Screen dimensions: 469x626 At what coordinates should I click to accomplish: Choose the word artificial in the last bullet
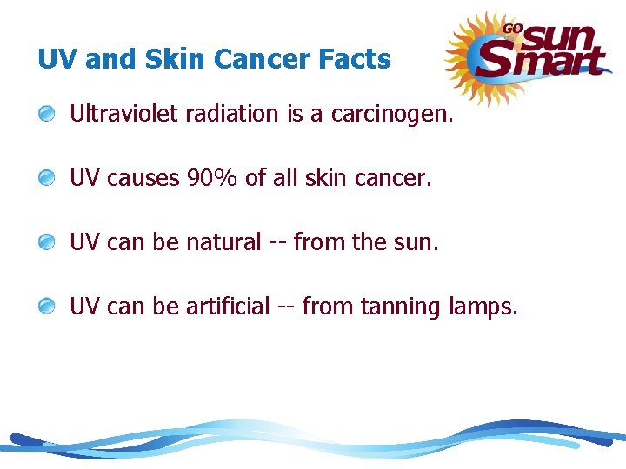click(228, 307)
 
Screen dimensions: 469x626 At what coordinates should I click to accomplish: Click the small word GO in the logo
click(512, 28)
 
